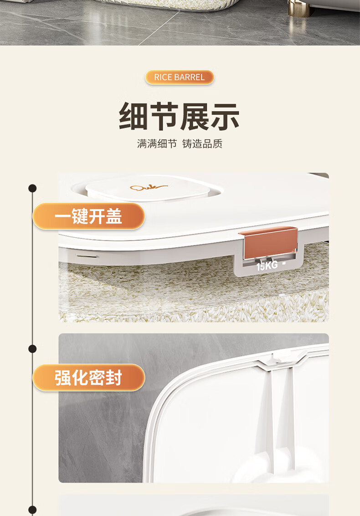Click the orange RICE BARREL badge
[180, 77]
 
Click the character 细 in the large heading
[133, 117]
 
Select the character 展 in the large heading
[194, 117]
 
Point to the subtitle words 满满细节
[157, 144]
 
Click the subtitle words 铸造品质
[202, 144]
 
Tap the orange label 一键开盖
[88, 216]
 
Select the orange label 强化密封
[88, 378]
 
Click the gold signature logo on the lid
[149, 188]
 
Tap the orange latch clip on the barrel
[268, 241]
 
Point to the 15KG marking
[267, 265]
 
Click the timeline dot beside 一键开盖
[32, 188]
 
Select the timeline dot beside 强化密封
[32, 349]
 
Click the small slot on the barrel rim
[87, 255]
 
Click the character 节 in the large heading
[164, 117]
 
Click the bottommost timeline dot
[32, 510]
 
